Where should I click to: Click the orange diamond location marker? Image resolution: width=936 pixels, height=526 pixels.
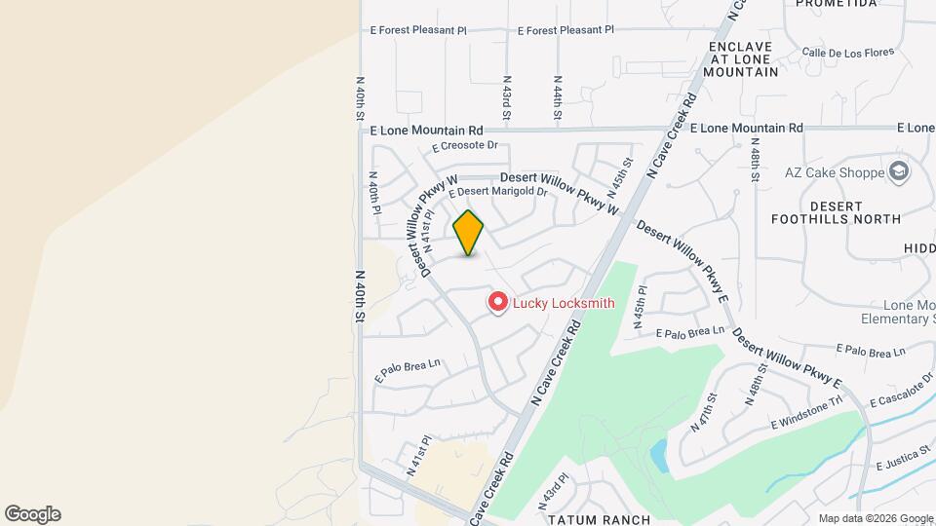pos(469,233)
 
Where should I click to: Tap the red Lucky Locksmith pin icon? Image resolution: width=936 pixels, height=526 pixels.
pos(498,303)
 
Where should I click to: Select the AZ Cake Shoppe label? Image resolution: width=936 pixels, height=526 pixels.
pos(833,173)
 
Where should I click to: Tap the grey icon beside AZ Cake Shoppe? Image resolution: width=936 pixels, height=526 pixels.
pos(898,173)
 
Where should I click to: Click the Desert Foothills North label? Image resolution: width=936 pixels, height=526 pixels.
pos(836,212)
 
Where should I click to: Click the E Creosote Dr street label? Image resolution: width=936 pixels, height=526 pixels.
pos(465,146)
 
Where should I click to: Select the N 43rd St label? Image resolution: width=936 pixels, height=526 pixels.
pos(507,99)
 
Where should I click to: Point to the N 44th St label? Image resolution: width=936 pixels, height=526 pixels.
pos(558,99)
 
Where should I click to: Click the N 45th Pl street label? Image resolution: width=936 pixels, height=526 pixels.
pos(641,308)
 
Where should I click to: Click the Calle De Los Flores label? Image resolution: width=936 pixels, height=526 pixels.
pos(841,52)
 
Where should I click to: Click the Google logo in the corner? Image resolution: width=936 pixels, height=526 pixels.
pos(32,514)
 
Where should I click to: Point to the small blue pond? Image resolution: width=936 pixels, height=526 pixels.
pos(658,453)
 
